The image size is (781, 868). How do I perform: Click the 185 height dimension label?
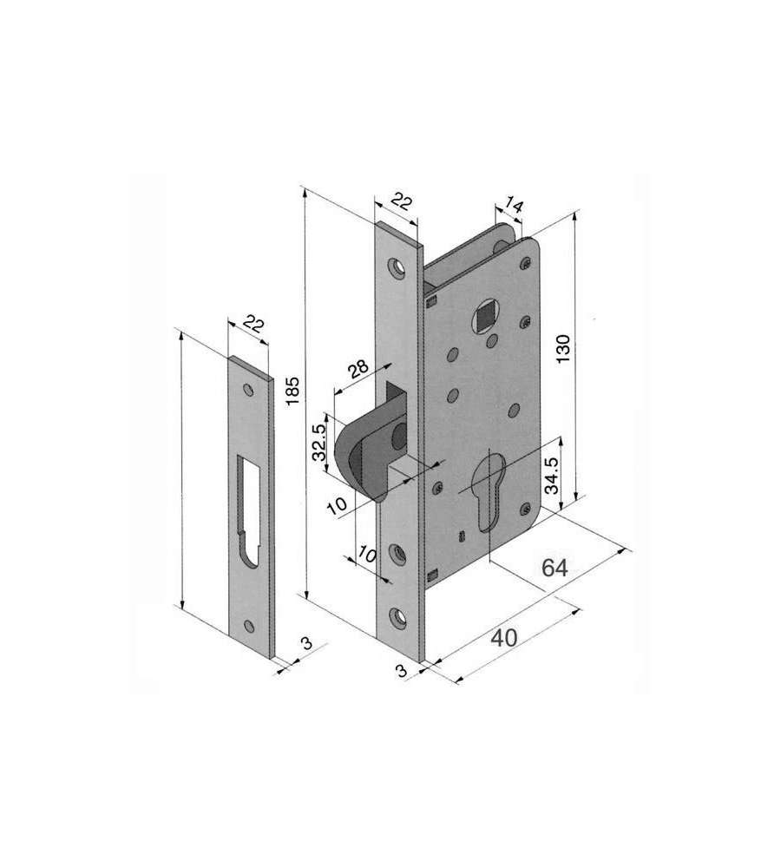coord(292,391)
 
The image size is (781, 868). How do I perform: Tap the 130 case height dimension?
coord(563,349)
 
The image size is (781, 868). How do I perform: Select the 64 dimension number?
coord(554,568)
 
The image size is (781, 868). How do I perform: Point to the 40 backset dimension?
coord(504,637)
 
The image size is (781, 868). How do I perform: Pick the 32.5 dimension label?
coord(319,443)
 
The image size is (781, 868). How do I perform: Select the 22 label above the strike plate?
coord(253,325)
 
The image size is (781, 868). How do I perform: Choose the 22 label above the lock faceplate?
coord(402,202)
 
